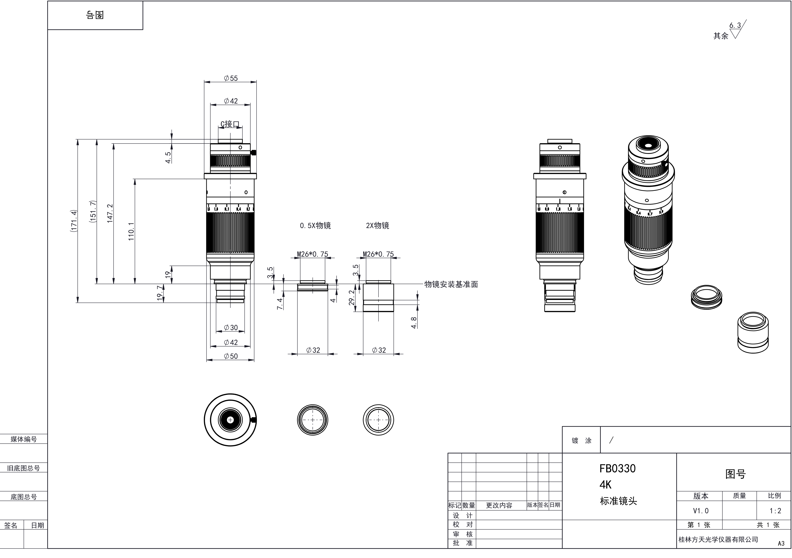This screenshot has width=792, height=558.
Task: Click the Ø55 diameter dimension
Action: [231, 78]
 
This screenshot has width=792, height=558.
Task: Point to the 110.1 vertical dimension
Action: [131, 231]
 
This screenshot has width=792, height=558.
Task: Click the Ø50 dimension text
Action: [231, 356]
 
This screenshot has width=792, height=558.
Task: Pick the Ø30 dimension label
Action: [231, 328]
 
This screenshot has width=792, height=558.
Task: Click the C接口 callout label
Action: [230, 124]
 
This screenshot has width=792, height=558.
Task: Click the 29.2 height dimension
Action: [352, 297]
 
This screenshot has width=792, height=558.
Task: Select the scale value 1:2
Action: [775, 511]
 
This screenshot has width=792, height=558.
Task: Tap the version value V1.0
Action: [701, 511]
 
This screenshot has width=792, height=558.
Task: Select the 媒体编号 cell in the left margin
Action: [23, 439]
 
